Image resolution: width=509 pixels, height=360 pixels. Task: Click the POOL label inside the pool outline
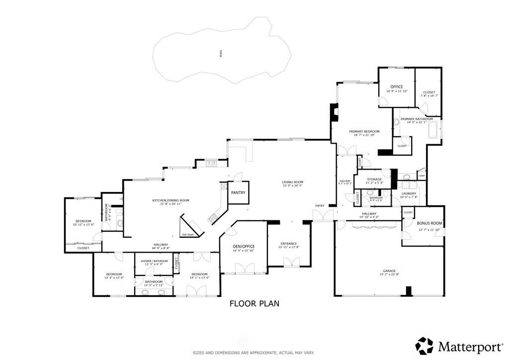click(x=221, y=54)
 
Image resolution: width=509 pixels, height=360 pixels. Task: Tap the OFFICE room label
click(x=396, y=87)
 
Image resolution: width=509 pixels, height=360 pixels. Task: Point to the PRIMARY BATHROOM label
click(x=417, y=119)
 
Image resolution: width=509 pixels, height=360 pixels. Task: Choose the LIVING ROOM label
click(x=292, y=182)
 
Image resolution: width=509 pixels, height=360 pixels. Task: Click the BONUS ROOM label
click(x=430, y=223)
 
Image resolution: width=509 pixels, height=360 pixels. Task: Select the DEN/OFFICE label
click(x=244, y=246)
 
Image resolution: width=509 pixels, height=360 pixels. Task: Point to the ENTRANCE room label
click(x=288, y=243)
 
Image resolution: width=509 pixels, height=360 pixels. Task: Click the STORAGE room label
click(x=374, y=179)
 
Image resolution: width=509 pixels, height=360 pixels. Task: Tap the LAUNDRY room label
click(x=409, y=193)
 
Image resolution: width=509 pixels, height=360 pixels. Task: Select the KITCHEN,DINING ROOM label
click(x=170, y=200)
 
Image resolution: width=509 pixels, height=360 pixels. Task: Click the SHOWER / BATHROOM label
click(x=154, y=261)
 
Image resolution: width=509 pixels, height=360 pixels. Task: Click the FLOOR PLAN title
click(x=254, y=303)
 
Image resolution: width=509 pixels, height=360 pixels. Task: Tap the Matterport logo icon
click(x=424, y=345)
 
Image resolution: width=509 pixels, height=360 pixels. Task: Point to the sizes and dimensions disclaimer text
click(x=254, y=353)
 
